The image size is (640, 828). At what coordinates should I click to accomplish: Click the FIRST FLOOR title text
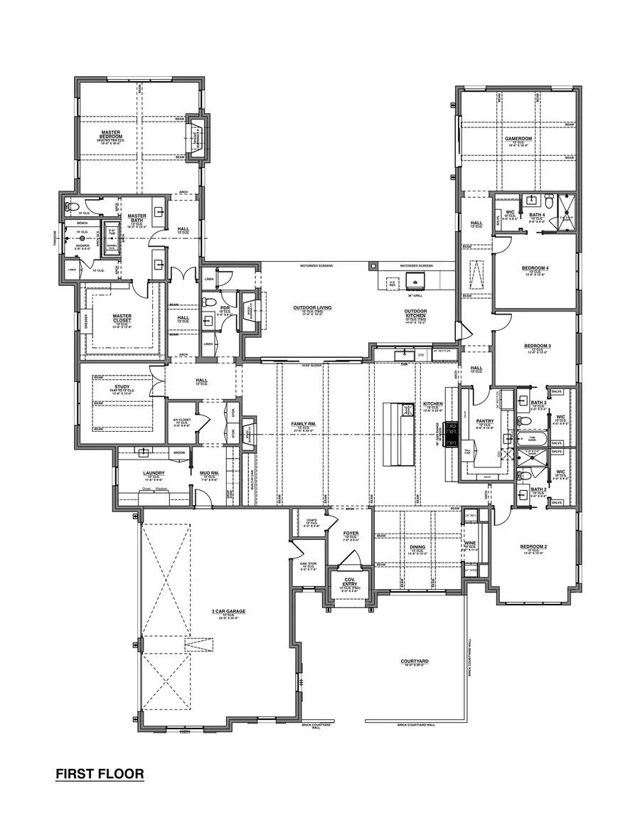(x=100, y=773)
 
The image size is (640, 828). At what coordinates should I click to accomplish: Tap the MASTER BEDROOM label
(x=110, y=134)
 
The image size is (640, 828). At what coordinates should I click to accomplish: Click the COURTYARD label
(x=414, y=661)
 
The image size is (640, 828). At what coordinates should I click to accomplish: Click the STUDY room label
(x=122, y=387)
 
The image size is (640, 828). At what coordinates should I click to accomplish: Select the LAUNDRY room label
(x=154, y=472)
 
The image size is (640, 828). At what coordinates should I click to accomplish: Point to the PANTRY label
(x=484, y=420)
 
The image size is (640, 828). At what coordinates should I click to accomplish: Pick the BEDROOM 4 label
(x=537, y=268)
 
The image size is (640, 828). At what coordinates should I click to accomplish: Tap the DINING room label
(x=417, y=547)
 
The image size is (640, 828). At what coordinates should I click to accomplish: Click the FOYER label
(x=351, y=533)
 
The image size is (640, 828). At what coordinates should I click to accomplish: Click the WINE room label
(x=470, y=543)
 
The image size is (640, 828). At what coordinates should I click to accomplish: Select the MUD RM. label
(x=210, y=472)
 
